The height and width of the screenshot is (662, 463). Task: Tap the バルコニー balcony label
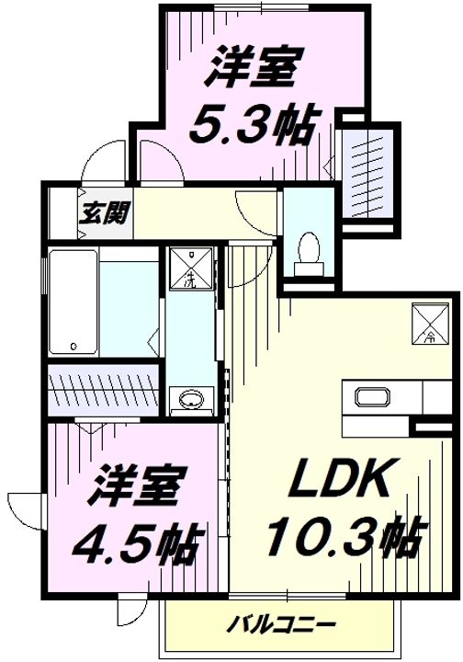click(x=282, y=624)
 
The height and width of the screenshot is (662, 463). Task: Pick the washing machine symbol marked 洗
click(x=191, y=267)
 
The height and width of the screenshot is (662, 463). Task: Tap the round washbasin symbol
click(x=192, y=399)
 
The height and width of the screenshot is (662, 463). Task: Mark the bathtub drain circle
click(x=73, y=347)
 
